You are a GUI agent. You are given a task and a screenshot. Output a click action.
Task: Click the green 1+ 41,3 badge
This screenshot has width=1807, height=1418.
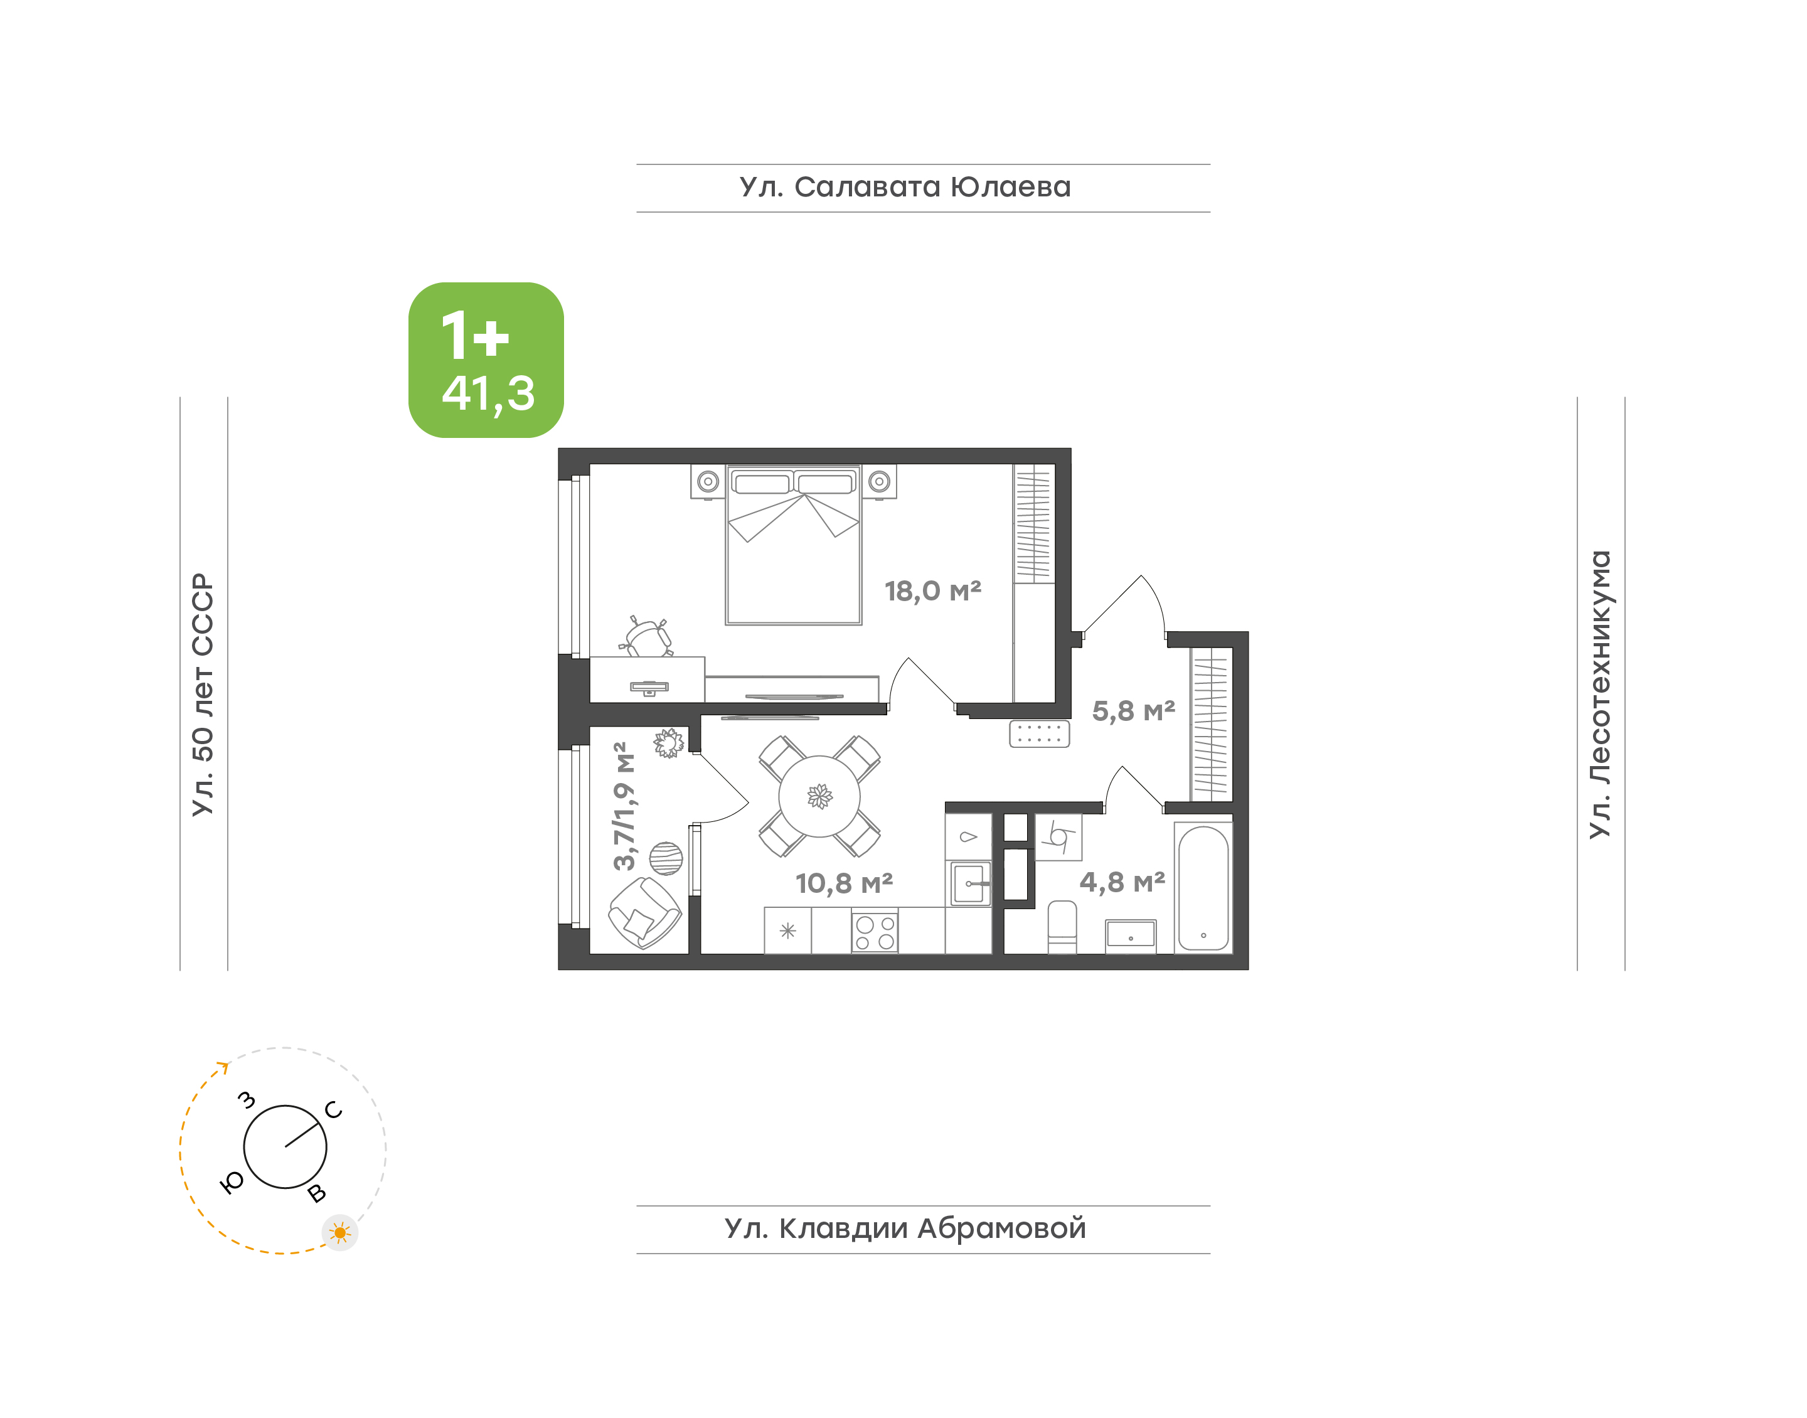486,360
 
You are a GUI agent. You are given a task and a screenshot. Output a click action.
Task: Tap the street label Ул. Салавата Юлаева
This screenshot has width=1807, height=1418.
905,188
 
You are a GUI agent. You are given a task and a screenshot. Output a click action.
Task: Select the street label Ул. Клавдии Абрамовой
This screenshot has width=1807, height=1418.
905,1228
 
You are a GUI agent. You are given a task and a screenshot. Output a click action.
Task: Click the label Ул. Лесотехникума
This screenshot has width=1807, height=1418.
1599,694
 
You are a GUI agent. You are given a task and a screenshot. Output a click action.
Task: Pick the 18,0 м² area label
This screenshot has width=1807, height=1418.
932,591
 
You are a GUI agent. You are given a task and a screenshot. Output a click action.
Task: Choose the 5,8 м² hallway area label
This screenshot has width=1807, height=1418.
1133,711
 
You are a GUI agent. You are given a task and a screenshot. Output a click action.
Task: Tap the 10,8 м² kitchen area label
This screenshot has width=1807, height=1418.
843,883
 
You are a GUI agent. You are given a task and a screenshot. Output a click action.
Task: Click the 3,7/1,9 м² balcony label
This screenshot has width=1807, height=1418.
624,806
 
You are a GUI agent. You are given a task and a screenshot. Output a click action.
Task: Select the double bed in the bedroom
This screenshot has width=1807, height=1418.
794,545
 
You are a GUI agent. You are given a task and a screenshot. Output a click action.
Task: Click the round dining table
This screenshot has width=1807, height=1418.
819,796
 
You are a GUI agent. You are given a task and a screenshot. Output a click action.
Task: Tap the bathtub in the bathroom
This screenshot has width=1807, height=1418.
1203,887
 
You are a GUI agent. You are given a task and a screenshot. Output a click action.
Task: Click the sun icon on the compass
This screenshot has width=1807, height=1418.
340,1233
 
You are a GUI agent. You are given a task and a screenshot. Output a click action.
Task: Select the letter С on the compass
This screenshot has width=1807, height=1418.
334,1110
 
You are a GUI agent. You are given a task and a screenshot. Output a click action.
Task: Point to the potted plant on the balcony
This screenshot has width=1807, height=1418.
669,743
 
